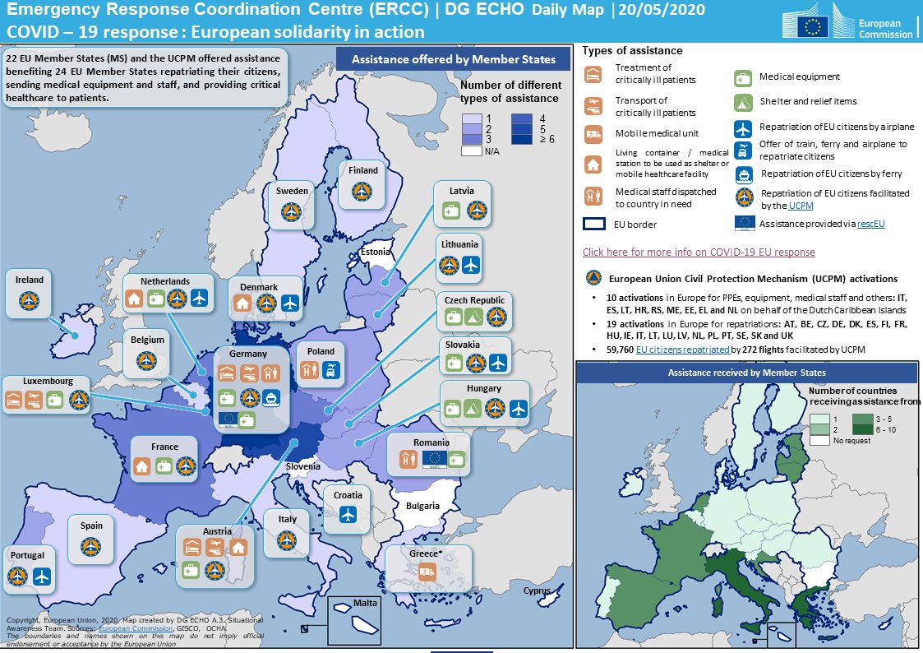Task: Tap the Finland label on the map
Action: click(362, 170)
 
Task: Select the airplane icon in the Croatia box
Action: click(348, 515)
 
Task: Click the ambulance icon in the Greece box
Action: click(427, 573)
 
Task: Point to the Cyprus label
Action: click(537, 590)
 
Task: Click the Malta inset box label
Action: click(365, 604)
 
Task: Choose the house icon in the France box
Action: click(142, 467)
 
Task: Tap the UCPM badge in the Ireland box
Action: click(30, 301)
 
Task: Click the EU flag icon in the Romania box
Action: click(434, 461)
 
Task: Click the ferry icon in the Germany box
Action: click(271, 398)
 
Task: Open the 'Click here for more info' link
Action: click(699, 252)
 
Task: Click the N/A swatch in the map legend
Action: click(471, 151)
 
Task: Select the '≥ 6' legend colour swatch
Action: click(520, 139)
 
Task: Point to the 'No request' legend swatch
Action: click(819, 441)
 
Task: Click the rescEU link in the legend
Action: click(870, 223)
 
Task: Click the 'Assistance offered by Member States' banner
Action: click(453, 59)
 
